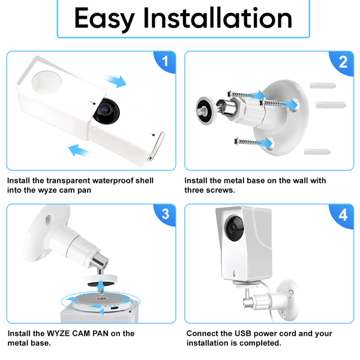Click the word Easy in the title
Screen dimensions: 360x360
pyautogui.click(x=104, y=19)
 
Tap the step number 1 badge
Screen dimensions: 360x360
pyautogui.click(x=164, y=62)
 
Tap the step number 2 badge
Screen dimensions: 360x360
pyautogui.click(x=343, y=62)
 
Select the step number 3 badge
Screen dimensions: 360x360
pyautogui.click(x=166, y=214)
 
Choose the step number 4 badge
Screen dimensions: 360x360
pyautogui.click(x=343, y=215)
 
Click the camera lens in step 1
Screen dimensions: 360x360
pyautogui.click(x=106, y=112)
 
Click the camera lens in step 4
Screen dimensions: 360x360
pyautogui.click(x=234, y=228)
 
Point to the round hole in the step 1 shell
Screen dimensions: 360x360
pyautogui.click(x=47, y=82)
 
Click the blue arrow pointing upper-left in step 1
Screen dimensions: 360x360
pyautogui.click(x=79, y=151)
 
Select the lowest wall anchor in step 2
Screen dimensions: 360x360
pyautogui.click(x=317, y=152)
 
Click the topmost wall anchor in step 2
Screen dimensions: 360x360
pyautogui.click(x=323, y=86)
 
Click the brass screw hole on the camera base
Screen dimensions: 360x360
pyautogui.click(x=101, y=299)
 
